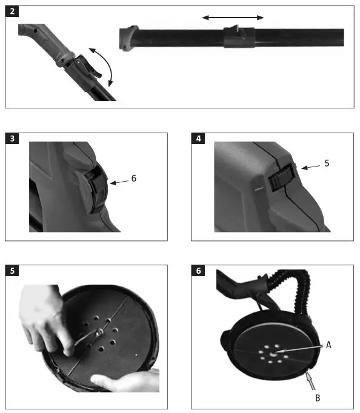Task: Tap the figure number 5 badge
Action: point(12,270)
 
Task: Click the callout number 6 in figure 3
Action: point(133,179)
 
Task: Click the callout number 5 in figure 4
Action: point(327,163)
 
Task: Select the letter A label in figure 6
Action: point(329,344)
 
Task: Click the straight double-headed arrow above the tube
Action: point(233,18)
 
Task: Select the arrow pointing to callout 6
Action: point(119,180)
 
